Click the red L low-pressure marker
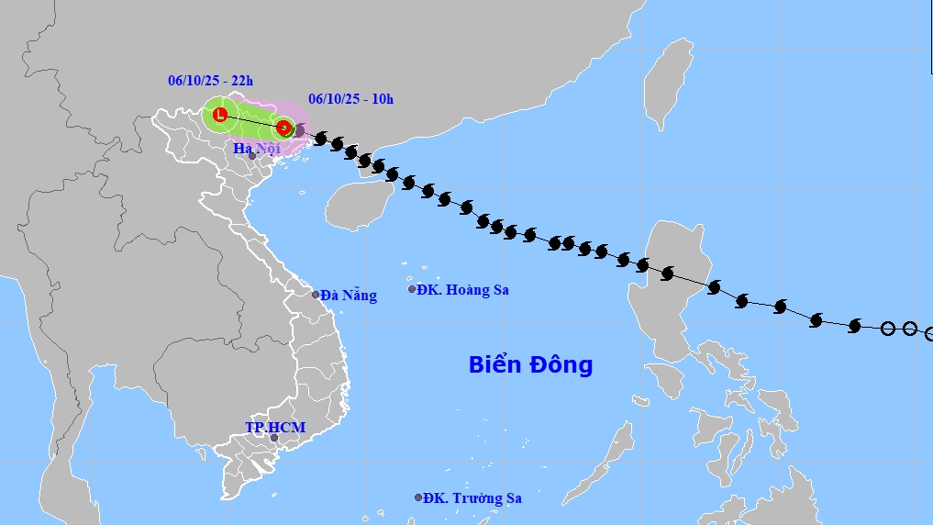[220, 115]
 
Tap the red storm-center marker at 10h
[284, 128]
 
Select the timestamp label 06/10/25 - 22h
[210, 81]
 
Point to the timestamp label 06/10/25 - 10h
[351, 99]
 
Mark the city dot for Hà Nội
[252, 156]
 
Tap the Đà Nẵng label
[349, 296]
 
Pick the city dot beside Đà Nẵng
[316, 295]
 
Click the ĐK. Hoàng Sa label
[462, 290]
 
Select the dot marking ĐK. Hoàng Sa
[412, 289]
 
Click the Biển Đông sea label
[530, 364]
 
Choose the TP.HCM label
[275, 428]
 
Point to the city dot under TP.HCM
[273, 438]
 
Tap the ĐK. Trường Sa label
[474, 498]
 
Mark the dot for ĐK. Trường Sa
[418, 497]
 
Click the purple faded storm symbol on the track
[298, 131]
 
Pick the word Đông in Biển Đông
[561, 364]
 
